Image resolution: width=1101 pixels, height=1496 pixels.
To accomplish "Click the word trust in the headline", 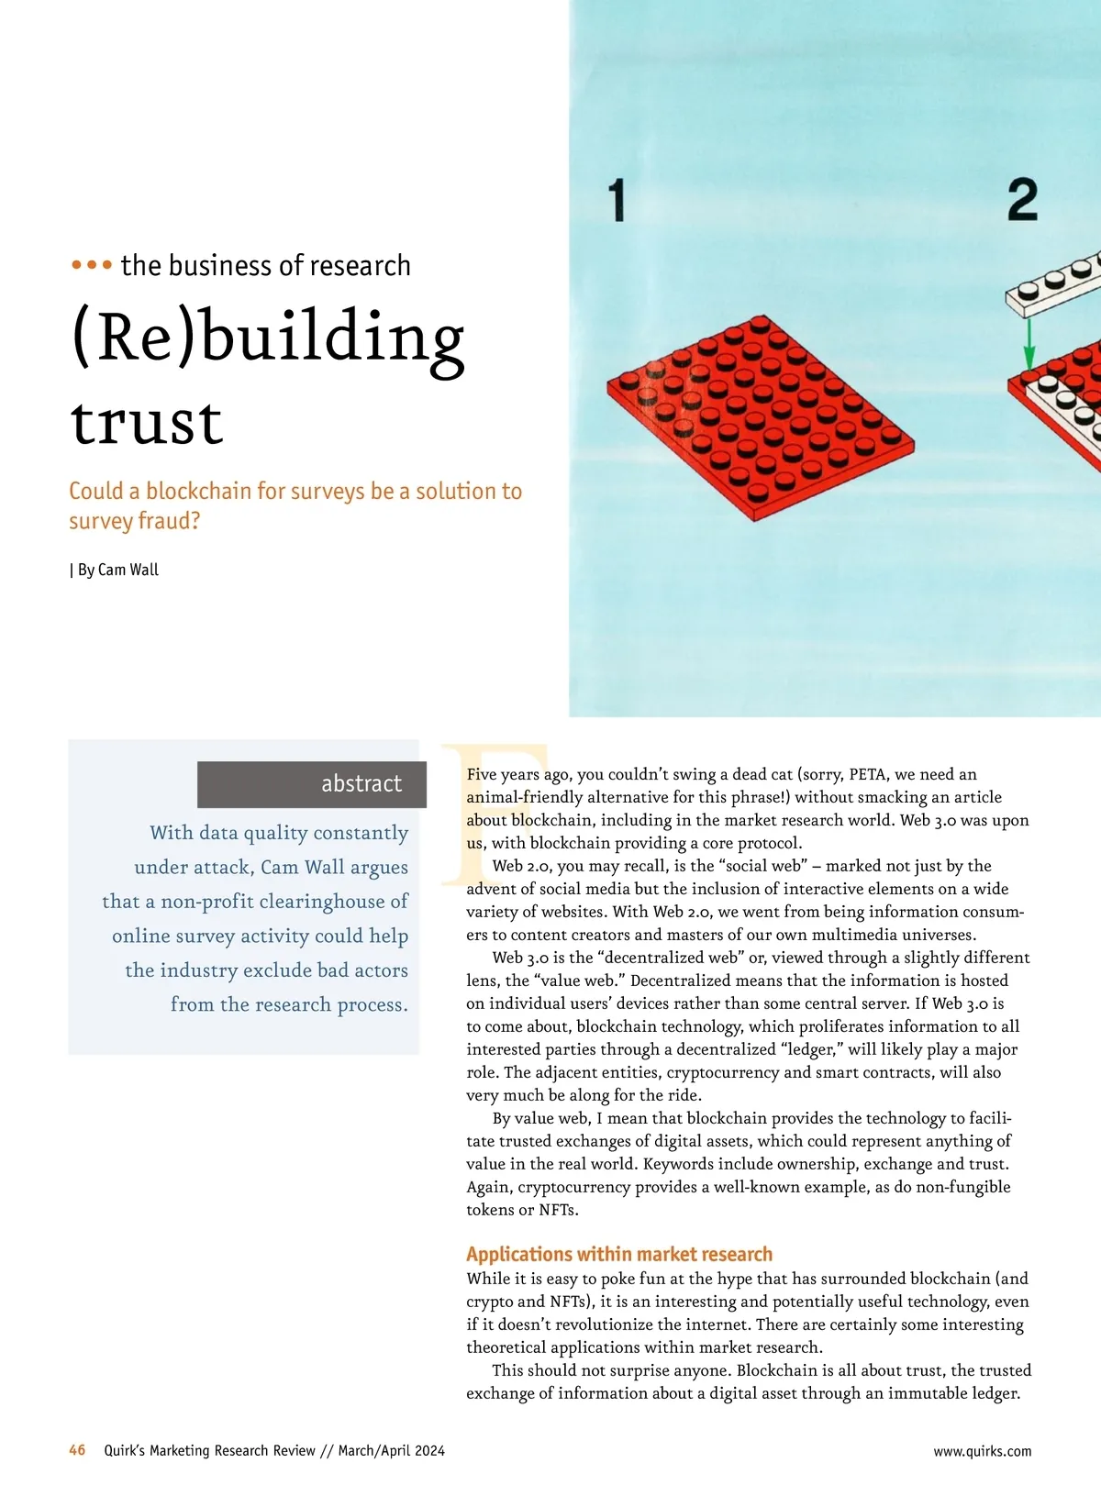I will pos(147,423).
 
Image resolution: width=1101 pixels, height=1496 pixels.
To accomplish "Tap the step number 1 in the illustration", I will pos(617,201).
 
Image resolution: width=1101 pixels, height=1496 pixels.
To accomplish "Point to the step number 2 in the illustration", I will pos(1022,200).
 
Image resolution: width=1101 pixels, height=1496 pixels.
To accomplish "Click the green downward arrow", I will pos(1029,345).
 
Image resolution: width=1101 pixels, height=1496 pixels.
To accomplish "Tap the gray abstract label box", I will pos(312,784).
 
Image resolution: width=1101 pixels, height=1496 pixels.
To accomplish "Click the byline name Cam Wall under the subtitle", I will pos(128,570).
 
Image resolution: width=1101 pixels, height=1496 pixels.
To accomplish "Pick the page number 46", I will pos(77,1450).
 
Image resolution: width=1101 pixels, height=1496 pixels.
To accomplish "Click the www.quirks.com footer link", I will pos(982,1451).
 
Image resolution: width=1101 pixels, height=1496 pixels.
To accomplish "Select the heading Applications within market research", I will pos(619,1254).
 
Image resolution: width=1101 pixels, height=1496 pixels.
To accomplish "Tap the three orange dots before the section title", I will pos(92,266).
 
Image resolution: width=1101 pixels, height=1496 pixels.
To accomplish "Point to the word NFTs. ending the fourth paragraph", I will pos(559,1210).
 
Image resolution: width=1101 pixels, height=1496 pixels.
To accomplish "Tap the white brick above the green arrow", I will pos(1053,284).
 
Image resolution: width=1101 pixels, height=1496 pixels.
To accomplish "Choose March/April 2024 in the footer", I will pos(391,1450).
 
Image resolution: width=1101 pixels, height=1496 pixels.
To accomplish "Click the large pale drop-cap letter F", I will pos(486,812).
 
